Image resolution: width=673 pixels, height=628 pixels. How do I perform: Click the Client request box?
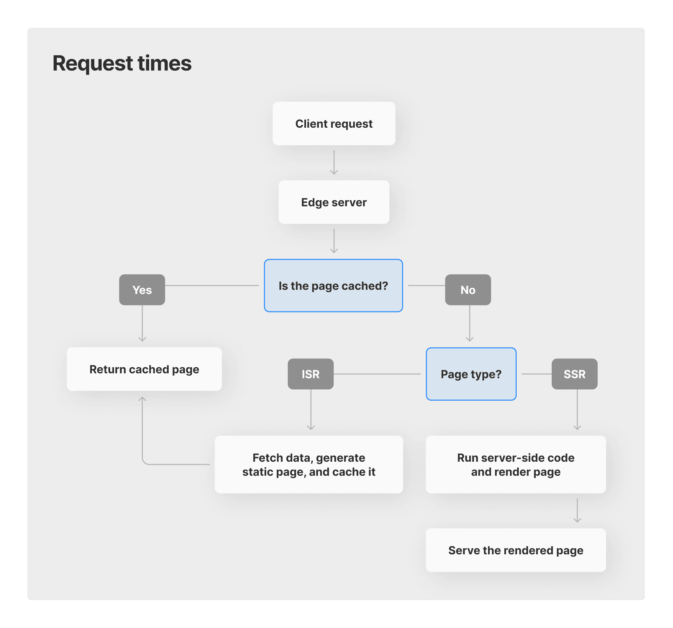pos(334,123)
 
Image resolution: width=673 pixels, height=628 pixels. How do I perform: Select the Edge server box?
pos(334,202)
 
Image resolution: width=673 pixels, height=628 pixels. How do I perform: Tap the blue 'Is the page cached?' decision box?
pos(333,286)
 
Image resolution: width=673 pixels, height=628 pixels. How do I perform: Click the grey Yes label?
pos(142,290)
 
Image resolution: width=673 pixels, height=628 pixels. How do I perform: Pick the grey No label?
pos(468,290)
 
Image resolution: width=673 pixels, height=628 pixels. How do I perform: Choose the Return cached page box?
pos(144,369)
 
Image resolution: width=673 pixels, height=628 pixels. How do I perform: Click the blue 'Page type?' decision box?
pos(471,374)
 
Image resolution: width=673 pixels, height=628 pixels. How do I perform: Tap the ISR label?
pos(311,374)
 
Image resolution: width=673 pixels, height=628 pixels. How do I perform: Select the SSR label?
pos(575,374)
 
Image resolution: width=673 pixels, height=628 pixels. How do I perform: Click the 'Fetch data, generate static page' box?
pos(309,465)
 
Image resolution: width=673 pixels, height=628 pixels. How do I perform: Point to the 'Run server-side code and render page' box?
pos(516,465)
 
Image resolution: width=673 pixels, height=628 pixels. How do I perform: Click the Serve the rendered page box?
pos(516,550)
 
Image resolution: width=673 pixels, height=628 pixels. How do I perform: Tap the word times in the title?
pos(164,64)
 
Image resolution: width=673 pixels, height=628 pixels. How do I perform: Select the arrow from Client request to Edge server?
pos(334,163)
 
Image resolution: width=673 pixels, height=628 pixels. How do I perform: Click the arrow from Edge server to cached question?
pos(334,241)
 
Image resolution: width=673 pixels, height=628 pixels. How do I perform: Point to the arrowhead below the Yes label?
pos(142,339)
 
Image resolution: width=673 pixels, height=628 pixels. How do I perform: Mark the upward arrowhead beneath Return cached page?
pos(142,399)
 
